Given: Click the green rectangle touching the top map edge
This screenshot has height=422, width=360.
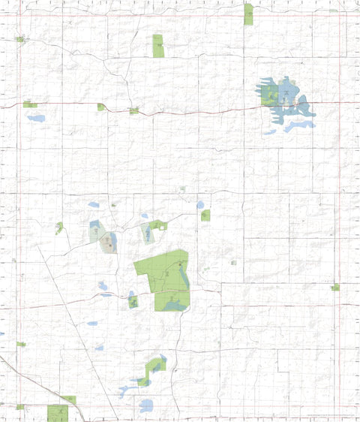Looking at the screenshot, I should pyautogui.click(x=248, y=14).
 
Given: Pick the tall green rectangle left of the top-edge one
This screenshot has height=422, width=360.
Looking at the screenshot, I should pyautogui.click(x=158, y=46).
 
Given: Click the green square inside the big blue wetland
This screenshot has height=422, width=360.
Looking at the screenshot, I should pyautogui.click(x=269, y=94).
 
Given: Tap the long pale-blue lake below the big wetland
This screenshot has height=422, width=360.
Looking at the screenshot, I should pyautogui.click(x=298, y=125).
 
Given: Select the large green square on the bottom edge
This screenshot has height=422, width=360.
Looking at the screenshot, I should pyautogui.click(x=58, y=413).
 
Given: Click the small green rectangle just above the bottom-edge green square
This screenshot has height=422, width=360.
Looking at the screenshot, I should pyautogui.click(x=68, y=399).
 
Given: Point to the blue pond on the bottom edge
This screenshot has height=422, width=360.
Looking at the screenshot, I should pyautogui.click(x=145, y=406).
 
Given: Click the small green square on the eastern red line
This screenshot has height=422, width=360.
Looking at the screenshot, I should pyautogui.click(x=335, y=287).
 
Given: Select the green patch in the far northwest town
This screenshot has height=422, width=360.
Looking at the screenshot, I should pyautogui.click(x=21, y=39).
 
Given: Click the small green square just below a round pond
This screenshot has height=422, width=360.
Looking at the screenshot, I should pyautogui.click(x=205, y=216).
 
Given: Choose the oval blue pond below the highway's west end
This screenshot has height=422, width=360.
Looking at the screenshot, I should pyautogui.click(x=36, y=118).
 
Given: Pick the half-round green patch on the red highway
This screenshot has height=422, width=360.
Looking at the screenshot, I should pyautogui.click(x=100, y=107).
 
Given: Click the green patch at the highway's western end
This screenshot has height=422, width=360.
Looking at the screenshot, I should pyautogui.click(x=30, y=104).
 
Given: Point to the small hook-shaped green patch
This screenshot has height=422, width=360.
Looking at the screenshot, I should pyautogui.click(x=58, y=228).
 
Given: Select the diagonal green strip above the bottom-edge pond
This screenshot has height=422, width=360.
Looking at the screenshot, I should pyautogui.click(x=155, y=366).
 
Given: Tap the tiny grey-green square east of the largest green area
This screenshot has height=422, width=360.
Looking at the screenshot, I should pyautogui.click(x=234, y=263).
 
